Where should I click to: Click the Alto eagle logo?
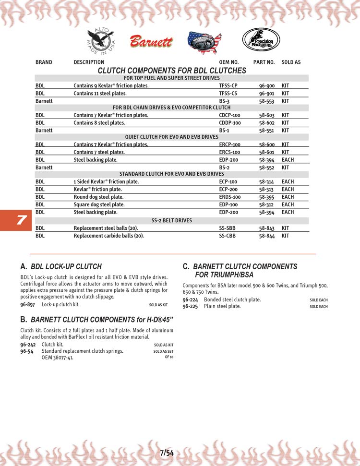click(100, 40)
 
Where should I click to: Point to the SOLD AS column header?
click(291, 62)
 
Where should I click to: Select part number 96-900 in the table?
click(266, 86)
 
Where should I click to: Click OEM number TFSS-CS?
click(228, 94)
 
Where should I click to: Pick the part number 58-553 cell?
click(266, 101)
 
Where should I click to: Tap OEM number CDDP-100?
click(230, 123)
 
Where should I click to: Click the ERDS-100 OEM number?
click(230, 197)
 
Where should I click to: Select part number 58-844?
click(266, 236)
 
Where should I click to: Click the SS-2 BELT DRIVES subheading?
click(171, 220)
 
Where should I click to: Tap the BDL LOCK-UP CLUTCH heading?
click(66, 266)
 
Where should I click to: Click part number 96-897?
click(27, 304)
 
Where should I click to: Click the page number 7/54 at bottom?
click(167, 453)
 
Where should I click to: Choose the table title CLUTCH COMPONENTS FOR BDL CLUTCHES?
click(171, 71)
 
